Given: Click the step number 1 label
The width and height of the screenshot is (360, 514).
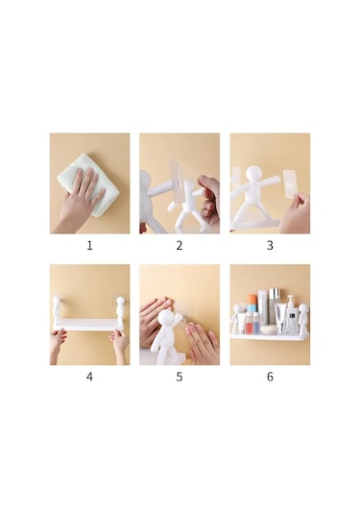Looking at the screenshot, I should point(89,245).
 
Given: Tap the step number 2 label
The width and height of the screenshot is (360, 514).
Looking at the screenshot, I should point(180,245).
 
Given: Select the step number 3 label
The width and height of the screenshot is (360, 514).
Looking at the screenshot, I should point(270,245).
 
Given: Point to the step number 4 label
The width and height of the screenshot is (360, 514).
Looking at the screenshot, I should point(89,376).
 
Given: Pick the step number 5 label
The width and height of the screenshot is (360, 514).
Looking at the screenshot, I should point(180,376).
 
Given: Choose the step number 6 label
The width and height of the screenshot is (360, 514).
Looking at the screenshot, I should point(270,376).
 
